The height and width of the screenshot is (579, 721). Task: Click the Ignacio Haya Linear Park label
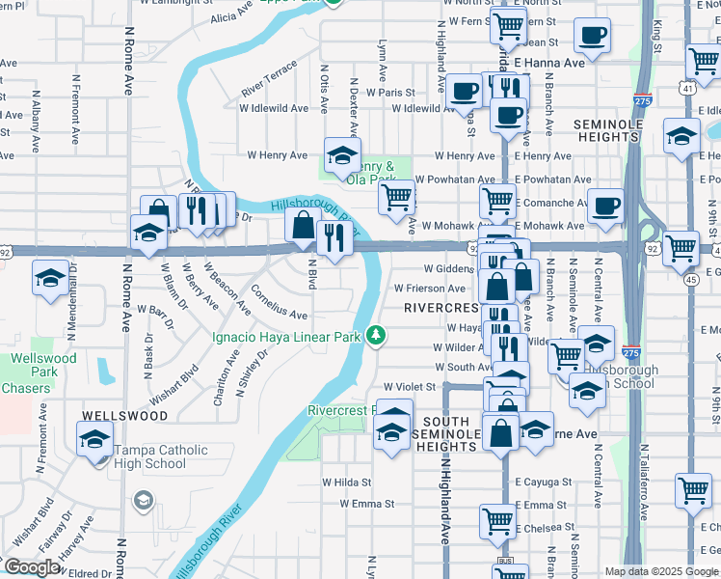click(x=286, y=337)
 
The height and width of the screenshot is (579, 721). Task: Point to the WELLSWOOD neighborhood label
click(x=124, y=416)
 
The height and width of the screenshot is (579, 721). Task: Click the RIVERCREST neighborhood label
click(x=441, y=308)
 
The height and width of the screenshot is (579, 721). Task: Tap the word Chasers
click(x=25, y=389)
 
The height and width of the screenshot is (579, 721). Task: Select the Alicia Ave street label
click(x=231, y=14)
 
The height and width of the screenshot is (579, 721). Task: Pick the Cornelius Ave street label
click(x=279, y=302)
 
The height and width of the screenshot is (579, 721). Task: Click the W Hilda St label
click(x=346, y=481)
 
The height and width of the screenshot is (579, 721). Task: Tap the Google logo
click(x=32, y=567)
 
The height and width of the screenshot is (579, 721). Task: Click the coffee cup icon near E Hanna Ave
click(x=593, y=37)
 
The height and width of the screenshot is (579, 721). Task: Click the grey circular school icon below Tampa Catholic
click(x=144, y=500)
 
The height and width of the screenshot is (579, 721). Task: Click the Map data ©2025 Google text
click(x=661, y=570)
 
